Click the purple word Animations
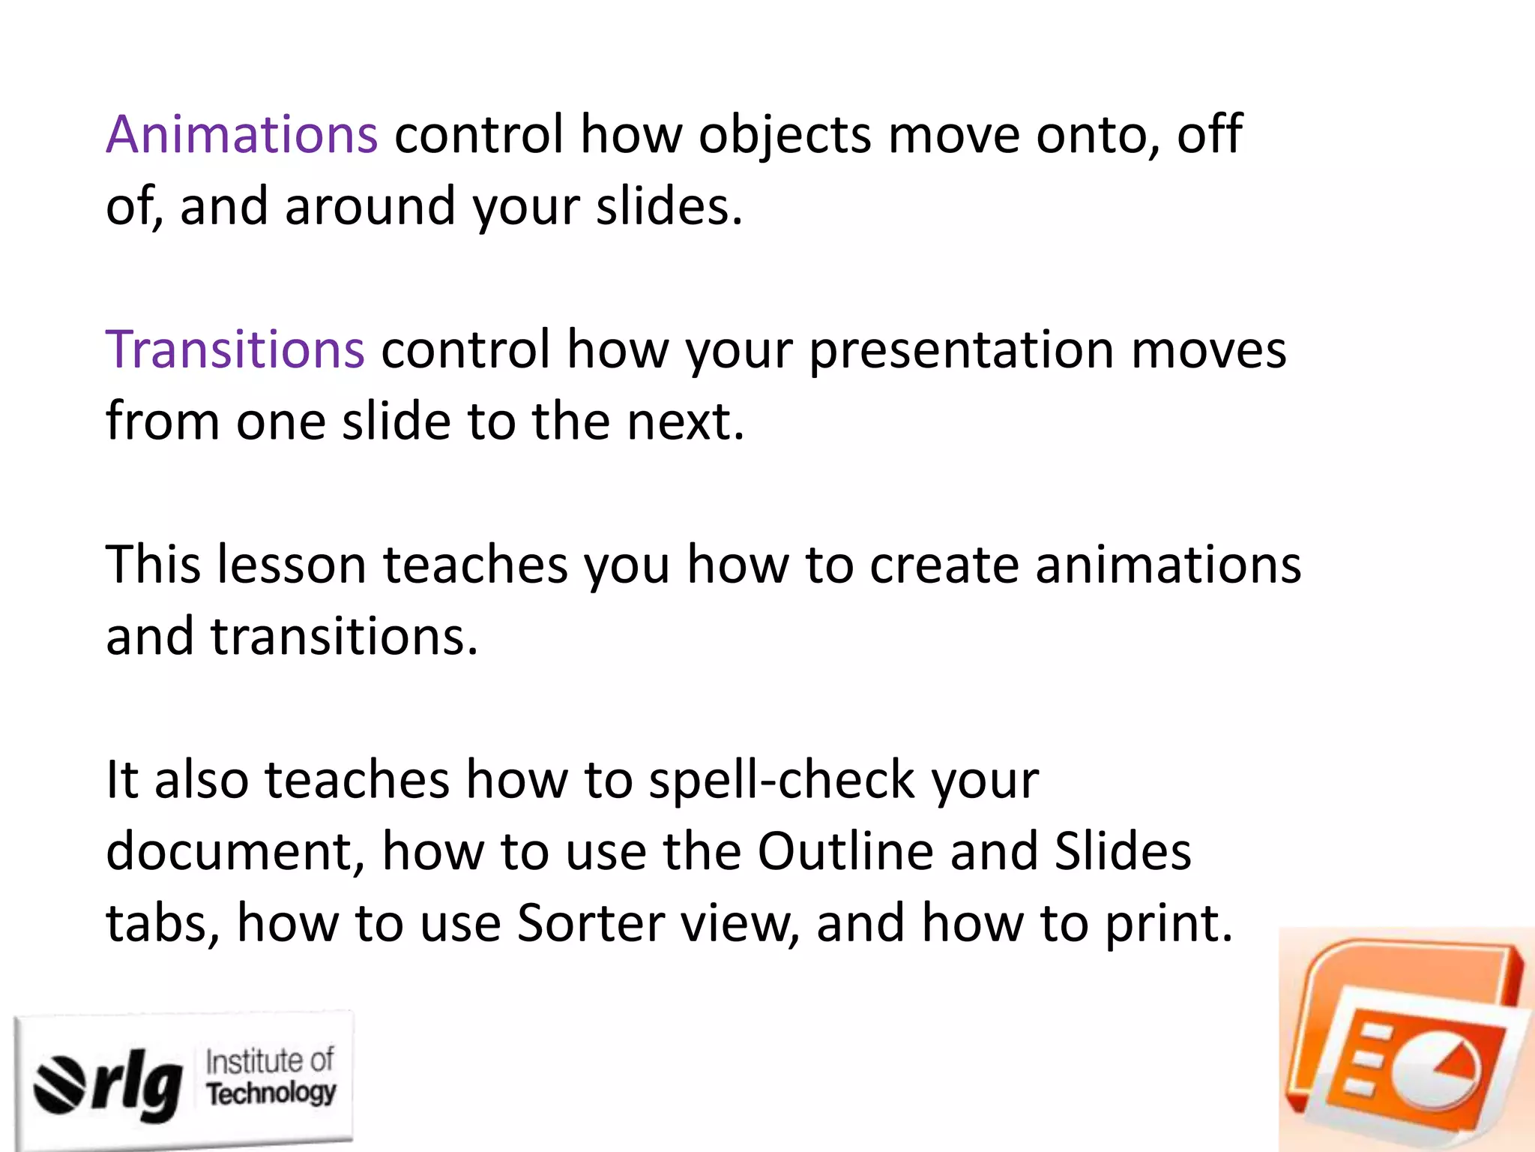point(241,135)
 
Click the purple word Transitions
point(235,350)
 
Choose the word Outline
point(845,852)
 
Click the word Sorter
point(591,923)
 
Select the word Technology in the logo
point(271,1093)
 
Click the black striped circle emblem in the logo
point(59,1083)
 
